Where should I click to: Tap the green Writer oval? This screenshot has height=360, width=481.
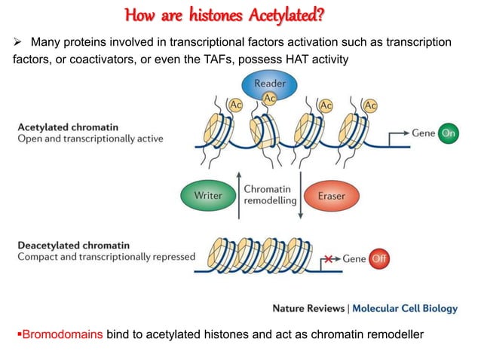coord(208,195)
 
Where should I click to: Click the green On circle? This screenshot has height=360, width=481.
coord(449,133)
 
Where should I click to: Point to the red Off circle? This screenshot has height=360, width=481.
coord(378,259)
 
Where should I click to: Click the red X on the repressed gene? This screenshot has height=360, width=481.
coord(329,259)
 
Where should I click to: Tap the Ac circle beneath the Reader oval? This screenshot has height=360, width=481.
coord(268,99)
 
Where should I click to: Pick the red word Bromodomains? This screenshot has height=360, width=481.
coord(61,333)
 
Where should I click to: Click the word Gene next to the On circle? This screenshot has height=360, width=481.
coord(423,133)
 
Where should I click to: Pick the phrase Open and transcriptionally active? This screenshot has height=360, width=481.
coord(90,139)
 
